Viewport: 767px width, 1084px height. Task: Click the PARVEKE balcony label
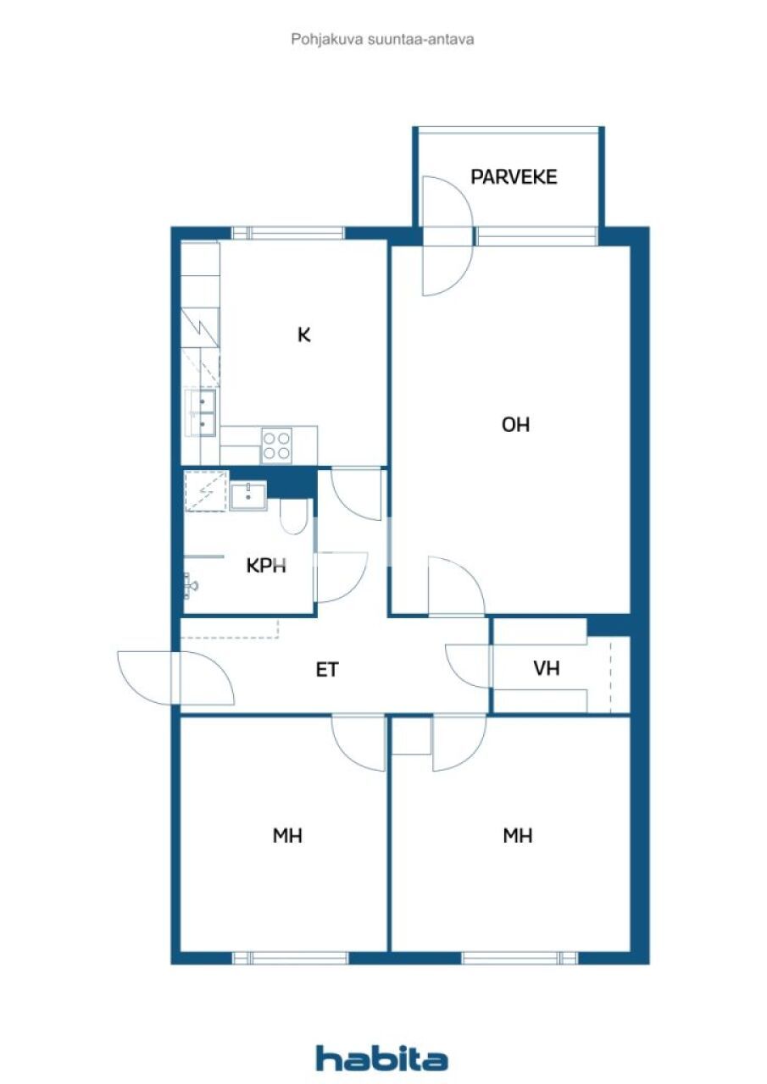[x=514, y=177]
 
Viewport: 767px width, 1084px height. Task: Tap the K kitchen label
[x=303, y=335]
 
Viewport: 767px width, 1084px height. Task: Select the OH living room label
[x=515, y=425]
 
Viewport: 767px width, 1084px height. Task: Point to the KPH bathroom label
[x=266, y=566]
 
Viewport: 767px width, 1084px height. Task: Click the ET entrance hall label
[x=327, y=670]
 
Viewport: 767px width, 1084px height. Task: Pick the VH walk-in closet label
[x=547, y=668]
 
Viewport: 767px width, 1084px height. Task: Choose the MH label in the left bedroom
[x=287, y=836]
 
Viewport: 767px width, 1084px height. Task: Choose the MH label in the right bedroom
[x=517, y=836]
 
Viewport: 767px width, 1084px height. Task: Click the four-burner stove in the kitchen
[x=276, y=445]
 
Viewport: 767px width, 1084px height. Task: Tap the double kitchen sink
[x=202, y=412]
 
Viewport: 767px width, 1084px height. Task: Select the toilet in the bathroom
[x=294, y=517]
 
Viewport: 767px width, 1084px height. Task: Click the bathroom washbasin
[x=248, y=495]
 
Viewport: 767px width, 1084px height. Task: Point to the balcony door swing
[x=446, y=235]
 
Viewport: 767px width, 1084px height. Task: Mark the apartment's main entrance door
[x=175, y=677]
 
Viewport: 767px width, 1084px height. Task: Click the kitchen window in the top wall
[x=288, y=233]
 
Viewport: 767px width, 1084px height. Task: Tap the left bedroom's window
[x=290, y=958]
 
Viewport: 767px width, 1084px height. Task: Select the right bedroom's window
[x=519, y=958]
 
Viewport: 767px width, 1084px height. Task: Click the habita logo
[x=381, y=1058]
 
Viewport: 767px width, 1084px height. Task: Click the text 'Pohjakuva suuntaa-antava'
[x=382, y=39]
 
